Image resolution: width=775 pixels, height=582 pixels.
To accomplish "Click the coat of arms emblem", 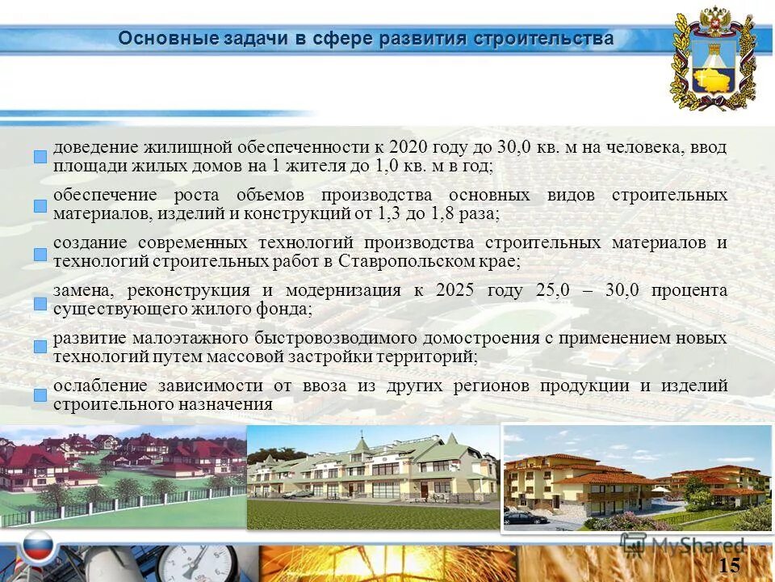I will click(x=713, y=59).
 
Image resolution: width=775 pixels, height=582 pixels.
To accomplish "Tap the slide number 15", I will click(x=728, y=564).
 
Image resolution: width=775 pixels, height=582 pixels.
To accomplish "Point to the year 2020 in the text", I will click(x=409, y=148).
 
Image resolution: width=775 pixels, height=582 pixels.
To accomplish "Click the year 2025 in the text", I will click(x=455, y=290).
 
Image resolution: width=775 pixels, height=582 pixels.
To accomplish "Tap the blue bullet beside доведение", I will click(x=40, y=157).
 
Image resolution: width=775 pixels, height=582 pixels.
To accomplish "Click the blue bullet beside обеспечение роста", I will click(x=40, y=206).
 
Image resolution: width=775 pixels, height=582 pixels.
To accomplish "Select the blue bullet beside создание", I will click(x=40, y=255).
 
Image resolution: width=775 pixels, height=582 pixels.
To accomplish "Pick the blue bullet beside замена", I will click(x=40, y=303).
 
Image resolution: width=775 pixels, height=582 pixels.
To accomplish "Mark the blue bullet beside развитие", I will click(x=40, y=347).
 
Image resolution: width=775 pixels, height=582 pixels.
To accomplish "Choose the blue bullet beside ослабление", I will click(x=40, y=395).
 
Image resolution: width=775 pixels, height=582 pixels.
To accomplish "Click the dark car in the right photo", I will click(x=525, y=517).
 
